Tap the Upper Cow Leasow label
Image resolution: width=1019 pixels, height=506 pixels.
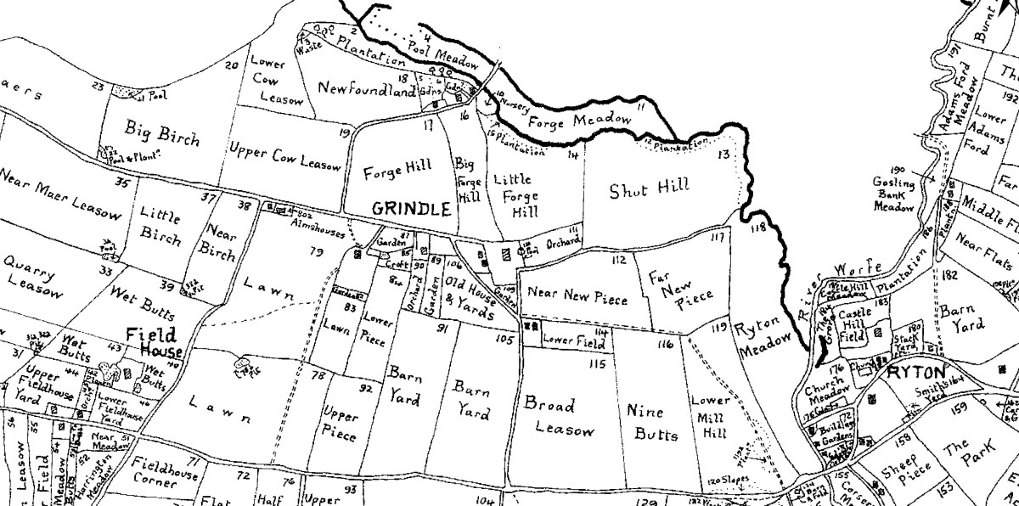click(284, 156)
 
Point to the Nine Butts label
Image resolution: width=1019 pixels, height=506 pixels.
click(652, 422)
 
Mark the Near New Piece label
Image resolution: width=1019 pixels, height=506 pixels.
click(577, 298)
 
